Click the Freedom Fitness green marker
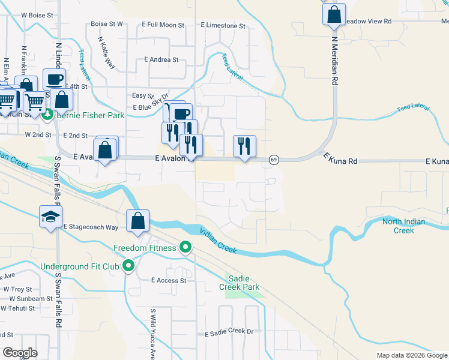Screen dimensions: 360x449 [x=185, y=247]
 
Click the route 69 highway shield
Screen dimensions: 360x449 [x=274, y=160]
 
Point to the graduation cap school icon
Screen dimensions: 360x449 [x=51, y=217]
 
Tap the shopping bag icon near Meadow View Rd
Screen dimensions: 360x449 [x=334, y=13]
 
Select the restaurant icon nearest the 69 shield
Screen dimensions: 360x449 [x=244, y=146]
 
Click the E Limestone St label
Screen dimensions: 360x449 [x=223, y=26]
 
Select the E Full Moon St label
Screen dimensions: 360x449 [x=163, y=25]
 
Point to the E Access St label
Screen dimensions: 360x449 [x=169, y=280]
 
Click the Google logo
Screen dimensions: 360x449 [x=19, y=352]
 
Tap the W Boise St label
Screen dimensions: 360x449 [x=37, y=14]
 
